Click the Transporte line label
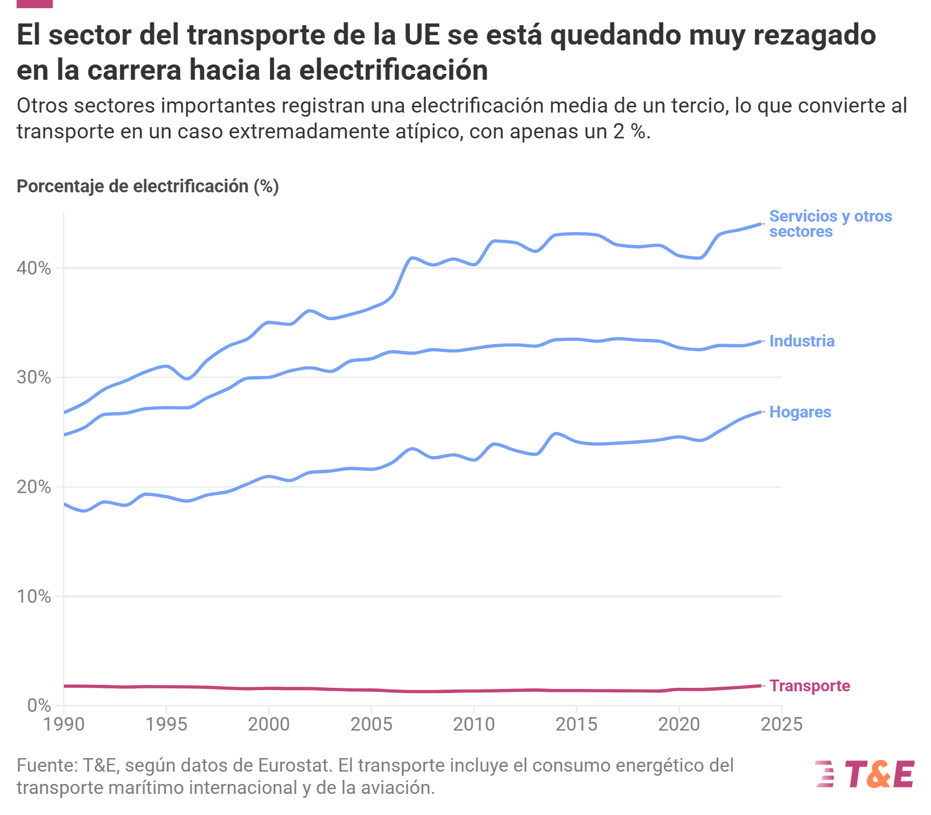pyautogui.click(x=810, y=686)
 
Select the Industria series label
pyautogui.click(x=802, y=341)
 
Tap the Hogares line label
pyautogui.click(x=800, y=412)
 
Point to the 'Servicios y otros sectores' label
pyautogui.click(x=831, y=224)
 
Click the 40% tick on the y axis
pyautogui.click(x=34, y=269)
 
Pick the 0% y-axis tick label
pyautogui.click(x=39, y=706)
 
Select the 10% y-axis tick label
pyautogui.click(x=34, y=597)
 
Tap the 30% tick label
pyautogui.click(x=34, y=378)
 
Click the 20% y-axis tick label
pyautogui.click(x=34, y=487)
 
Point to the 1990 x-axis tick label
pyautogui.click(x=64, y=725)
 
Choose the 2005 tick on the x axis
pyautogui.click(x=371, y=725)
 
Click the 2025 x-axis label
pyautogui.click(x=782, y=725)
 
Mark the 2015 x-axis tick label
pyautogui.click(x=576, y=725)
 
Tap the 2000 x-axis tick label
pyautogui.click(x=269, y=725)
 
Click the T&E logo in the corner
pyautogui.click(x=865, y=774)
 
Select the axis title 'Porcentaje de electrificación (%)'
pyautogui.click(x=148, y=186)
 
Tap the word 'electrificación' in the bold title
pyautogui.click(x=394, y=70)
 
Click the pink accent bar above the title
pyautogui.click(x=35, y=4)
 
